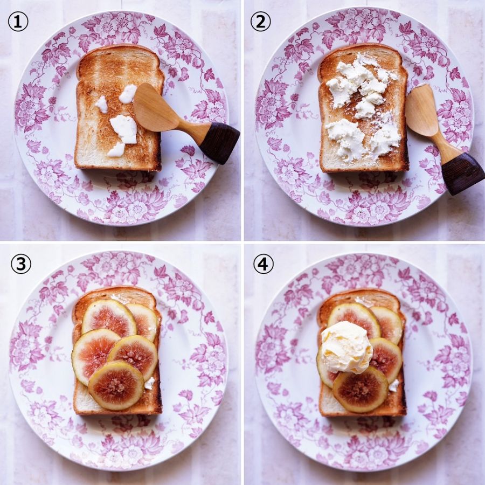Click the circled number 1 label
coord(18,22)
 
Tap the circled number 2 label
coord(260,22)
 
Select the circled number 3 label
coord(20,264)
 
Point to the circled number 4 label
coord(264,264)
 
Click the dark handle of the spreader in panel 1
coord(220,142)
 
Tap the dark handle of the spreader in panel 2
coord(462,175)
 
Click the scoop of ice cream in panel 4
coord(347,347)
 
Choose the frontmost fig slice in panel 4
coord(361,389)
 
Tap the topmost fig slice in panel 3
coord(109,318)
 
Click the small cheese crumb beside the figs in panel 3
coord(149,384)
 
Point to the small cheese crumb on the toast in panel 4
coord(394,386)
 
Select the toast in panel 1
coord(120,107)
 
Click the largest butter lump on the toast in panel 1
coord(124,129)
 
